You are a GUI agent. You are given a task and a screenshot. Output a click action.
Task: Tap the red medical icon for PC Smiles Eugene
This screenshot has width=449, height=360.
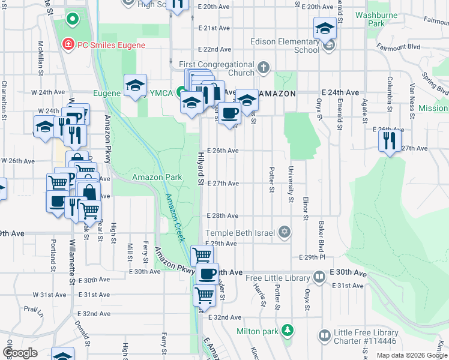pos(69,44)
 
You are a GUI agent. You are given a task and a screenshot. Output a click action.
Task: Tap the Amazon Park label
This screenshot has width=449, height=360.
pos(157,178)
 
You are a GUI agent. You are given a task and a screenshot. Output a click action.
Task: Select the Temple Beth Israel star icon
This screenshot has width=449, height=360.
pos(285,232)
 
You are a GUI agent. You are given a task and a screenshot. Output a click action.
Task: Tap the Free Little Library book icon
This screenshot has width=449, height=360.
pos(319,277)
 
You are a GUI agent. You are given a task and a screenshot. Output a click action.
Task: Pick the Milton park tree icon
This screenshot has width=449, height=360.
pos(288,331)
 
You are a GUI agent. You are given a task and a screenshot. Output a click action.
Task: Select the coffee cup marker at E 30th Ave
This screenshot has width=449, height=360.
pos(208,274)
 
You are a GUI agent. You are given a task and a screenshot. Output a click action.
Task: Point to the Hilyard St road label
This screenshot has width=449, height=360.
pos(201,168)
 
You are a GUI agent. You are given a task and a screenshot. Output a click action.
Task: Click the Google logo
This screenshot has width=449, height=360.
pos(20,353)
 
